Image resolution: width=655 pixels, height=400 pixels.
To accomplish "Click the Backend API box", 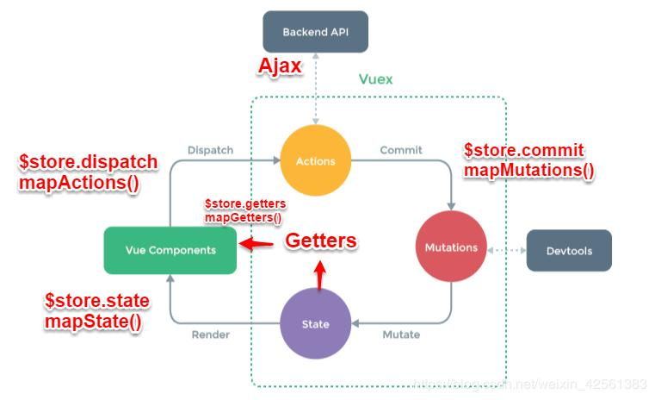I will pyautogui.click(x=315, y=32).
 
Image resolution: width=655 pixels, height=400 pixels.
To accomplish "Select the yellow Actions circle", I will pyautogui.click(x=315, y=160).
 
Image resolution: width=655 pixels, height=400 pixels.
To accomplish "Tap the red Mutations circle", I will pyautogui.click(x=451, y=247).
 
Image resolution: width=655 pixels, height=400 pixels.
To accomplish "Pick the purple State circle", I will pyautogui.click(x=315, y=324).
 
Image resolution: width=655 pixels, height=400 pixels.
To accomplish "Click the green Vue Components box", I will pyautogui.click(x=170, y=250).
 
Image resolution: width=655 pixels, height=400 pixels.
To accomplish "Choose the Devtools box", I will pyautogui.click(x=569, y=251).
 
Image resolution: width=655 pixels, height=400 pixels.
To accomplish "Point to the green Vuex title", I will pyautogui.click(x=375, y=79).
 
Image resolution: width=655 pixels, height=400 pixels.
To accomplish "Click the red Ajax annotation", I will pyautogui.click(x=281, y=67).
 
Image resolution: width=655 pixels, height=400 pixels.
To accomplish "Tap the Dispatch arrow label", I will pyautogui.click(x=210, y=150).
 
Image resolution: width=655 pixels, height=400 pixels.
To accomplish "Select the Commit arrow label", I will pyautogui.click(x=401, y=150).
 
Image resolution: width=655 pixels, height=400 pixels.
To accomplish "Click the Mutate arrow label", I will pyautogui.click(x=401, y=334).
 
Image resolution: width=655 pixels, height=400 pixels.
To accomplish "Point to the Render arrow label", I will pyautogui.click(x=210, y=334).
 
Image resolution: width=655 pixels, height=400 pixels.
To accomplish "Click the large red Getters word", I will pyautogui.click(x=320, y=241).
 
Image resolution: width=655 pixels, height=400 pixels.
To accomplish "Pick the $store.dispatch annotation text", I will pyautogui.click(x=89, y=162).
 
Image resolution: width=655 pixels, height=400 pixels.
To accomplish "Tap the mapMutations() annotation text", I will pyautogui.click(x=528, y=170).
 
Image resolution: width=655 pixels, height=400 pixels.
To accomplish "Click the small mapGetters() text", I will pyautogui.click(x=243, y=218).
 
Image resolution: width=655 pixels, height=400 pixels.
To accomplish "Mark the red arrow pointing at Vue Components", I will pyautogui.click(x=256, y=244).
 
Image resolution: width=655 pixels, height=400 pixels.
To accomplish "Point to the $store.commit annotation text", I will pyautogui.click(x=523, y=150).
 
